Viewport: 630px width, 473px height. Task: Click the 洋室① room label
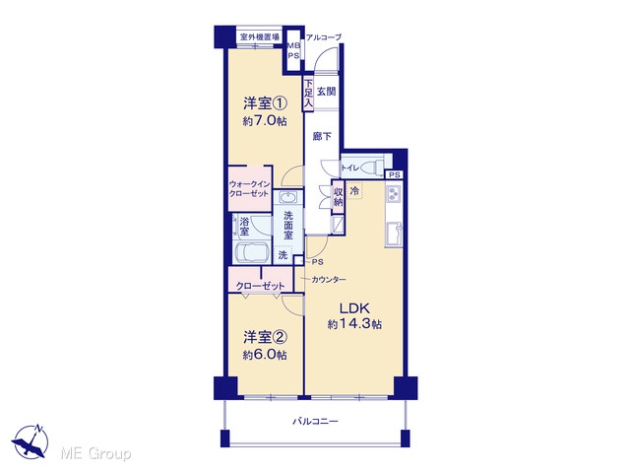(x=265, y=103)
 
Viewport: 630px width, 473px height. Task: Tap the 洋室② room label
(x=265, y=337)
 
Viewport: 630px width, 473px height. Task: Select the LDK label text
(x=354, y=308)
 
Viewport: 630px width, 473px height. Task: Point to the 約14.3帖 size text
(x=354, y=324)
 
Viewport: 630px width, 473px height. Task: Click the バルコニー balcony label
(x=315, y=422)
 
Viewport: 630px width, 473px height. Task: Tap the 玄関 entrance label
(x=326, y=92)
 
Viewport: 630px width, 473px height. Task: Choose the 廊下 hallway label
(x=322, y=137)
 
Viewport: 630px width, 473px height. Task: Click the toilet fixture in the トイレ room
(x=373, y=168)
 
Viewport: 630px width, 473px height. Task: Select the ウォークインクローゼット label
(x=249, y=188)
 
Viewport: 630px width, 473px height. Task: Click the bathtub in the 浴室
(x=252, y=252)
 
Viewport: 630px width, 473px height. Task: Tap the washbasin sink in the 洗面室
(x=287, y=197)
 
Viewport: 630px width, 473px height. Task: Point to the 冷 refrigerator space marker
(x=354, y=190)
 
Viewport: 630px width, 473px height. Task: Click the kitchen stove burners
(x=393, y=195)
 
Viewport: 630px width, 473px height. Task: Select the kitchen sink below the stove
(x=394, y=234)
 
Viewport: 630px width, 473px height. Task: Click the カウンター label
(x=329, y=280)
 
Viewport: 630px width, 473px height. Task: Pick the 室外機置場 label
(x=260, y=37)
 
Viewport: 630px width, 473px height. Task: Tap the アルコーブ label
(x=324, y=37)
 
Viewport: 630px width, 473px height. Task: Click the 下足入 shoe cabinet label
(x=308, y=94)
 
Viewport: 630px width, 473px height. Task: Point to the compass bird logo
(x=31, y=441)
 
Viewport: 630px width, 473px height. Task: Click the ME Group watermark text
(x=95, y=453)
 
